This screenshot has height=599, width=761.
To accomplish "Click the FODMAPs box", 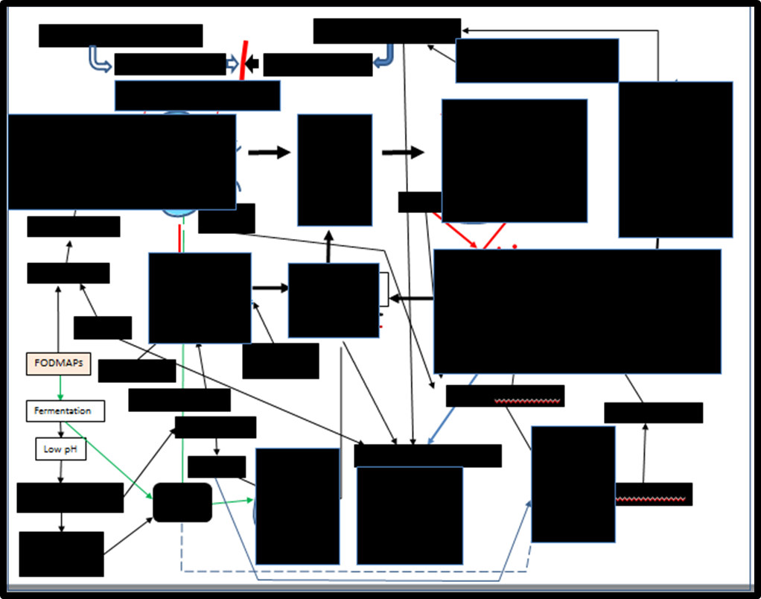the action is pos(58,364).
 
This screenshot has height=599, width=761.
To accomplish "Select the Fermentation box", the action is pos(66,411).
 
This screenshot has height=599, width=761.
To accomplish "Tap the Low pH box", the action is pos(61,449).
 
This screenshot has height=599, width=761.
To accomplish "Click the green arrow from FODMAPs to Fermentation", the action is pos(60,387).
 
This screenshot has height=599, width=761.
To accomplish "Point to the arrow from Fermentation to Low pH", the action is pos(61,429).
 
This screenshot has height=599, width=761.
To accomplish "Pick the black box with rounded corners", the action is pos(182,502).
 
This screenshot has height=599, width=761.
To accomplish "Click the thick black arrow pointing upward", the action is pos(328,245).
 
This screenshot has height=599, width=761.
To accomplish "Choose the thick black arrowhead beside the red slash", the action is pos(253,64).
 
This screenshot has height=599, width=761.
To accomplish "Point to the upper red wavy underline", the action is pos(528,401).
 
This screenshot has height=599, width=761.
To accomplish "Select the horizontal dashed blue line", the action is pos(350,571).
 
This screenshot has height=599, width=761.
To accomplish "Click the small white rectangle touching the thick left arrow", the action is pos(384,289).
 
